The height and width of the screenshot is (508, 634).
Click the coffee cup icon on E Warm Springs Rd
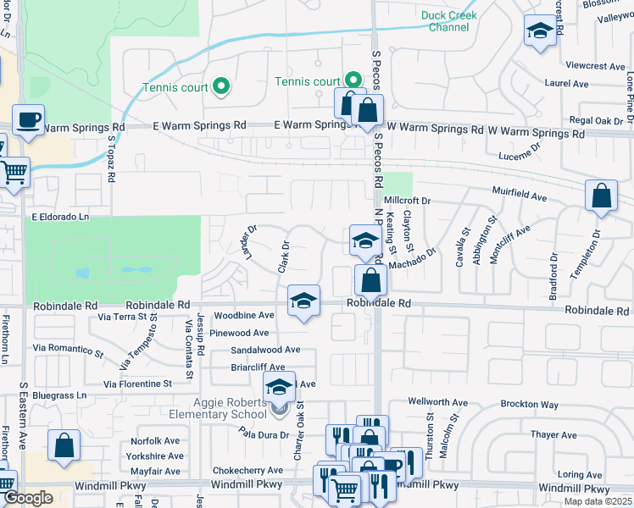pos(28,121)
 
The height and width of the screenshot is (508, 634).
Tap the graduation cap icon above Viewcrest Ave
pos(540,32)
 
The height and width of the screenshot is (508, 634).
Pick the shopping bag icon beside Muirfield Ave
pos(600,196)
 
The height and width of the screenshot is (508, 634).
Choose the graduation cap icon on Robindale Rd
pos(303,301)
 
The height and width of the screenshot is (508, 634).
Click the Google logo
pos(28,498)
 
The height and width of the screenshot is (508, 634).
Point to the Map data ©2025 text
pos(598,501)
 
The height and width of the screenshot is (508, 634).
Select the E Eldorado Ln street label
pos(61,217)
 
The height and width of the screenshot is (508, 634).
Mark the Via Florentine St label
pos(137,384)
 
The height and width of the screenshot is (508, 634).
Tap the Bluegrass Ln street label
pos(59,395)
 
